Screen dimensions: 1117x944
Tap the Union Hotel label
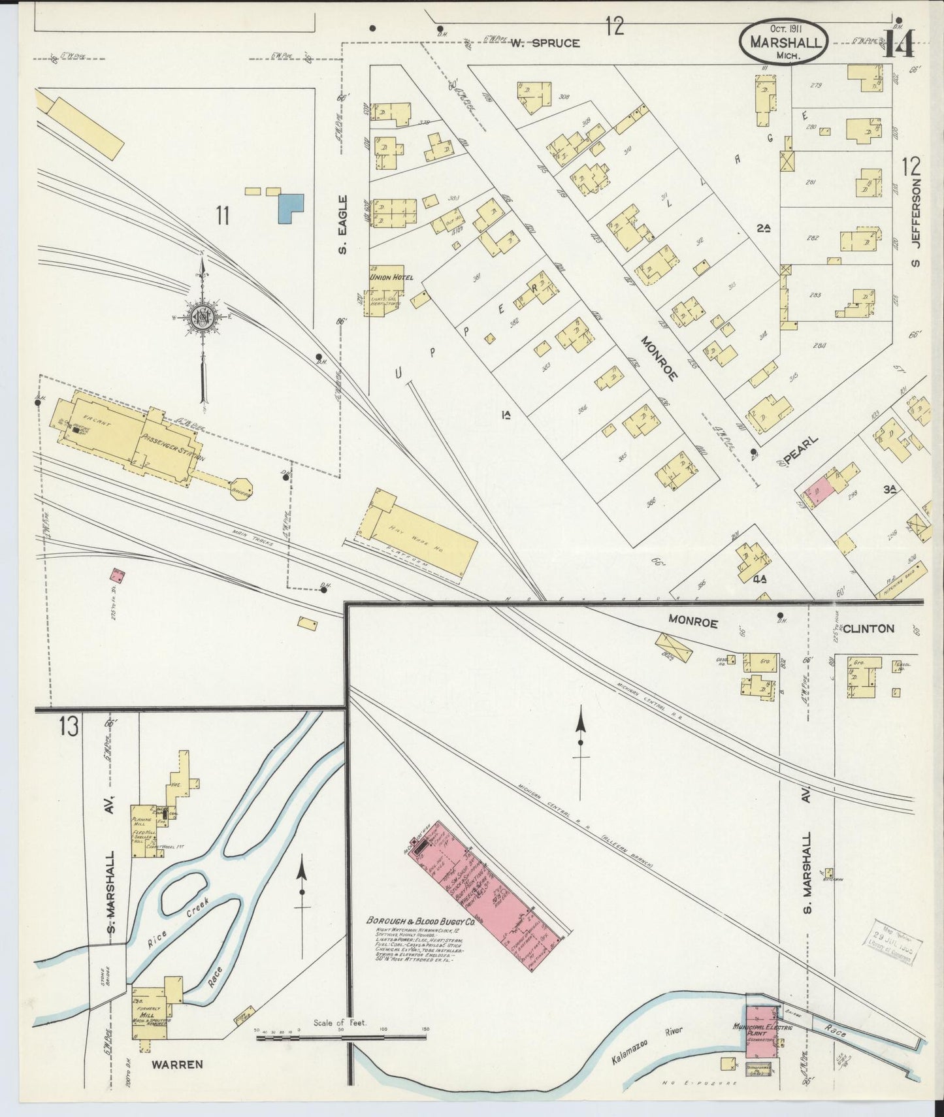click(391, 278)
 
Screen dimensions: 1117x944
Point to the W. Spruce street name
click(545, 44)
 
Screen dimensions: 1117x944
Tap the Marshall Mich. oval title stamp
click(784, 42)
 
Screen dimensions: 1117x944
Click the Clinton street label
click(868, 628)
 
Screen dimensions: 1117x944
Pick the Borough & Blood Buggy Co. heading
click(420, 920)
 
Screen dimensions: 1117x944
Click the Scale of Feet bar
click(340, 1036)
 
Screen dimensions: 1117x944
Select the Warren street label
click(177, 1064)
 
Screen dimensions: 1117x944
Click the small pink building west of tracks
click(118, 575)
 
